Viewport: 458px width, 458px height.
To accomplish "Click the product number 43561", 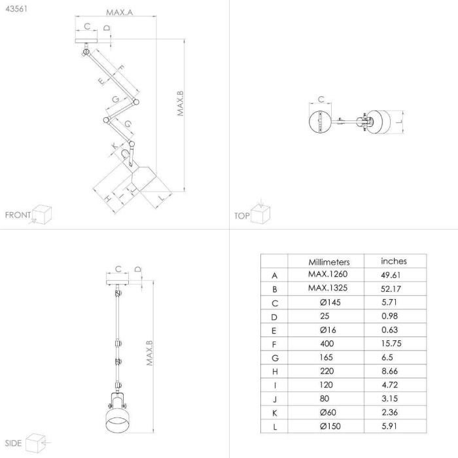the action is point(16,9).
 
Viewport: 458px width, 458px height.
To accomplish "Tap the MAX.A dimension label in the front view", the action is point(119,12).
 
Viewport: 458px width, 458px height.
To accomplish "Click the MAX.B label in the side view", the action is point(150,353).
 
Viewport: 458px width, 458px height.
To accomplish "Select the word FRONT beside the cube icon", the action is point(18,215).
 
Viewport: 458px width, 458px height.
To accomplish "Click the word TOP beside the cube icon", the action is point(242,216).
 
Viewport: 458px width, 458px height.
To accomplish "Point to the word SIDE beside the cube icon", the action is point(14,443).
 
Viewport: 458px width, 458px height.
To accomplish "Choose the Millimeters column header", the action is point(329,262).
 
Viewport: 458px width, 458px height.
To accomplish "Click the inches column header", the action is point(394,261).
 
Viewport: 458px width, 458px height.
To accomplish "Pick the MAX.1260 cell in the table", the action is point(328,274).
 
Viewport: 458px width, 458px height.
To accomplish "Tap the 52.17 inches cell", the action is point(391,289).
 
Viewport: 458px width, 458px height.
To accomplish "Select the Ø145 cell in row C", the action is point(330,302).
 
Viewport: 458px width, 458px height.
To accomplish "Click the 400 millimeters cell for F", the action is point(327,343).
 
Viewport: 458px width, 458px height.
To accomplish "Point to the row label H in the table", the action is point(275,372).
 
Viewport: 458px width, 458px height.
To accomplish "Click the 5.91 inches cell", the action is point(389,426).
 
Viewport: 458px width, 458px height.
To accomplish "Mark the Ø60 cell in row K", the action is point(328,412).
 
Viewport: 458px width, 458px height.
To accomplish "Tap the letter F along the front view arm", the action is point(120,69).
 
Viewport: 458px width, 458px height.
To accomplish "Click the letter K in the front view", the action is point(114,146).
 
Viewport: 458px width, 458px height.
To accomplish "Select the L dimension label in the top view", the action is point(400,122).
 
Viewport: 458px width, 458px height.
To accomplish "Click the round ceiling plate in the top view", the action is point(320,122).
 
